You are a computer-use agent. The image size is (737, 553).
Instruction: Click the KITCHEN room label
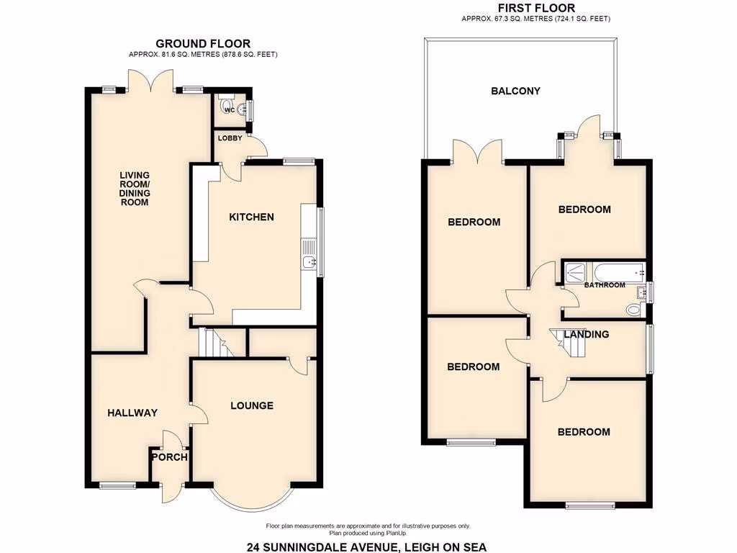click(251, 217)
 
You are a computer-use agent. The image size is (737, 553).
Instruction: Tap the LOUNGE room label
click(252, 405)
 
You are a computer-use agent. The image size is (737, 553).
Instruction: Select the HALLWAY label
click(132, 413)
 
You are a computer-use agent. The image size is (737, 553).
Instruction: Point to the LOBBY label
click(230, 138)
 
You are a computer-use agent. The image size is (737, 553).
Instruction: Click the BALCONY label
click(515, 91)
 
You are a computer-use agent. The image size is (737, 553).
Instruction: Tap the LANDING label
click(587, 334)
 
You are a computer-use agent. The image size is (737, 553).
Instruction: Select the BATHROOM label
click(604, 285)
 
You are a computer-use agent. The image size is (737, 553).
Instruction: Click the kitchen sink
click(310, 262)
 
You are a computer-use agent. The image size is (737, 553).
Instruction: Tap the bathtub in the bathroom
click(618, 272)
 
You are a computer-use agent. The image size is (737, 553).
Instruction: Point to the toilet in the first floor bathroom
click(633, 310)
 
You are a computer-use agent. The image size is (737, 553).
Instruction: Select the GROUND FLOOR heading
click(203, 44)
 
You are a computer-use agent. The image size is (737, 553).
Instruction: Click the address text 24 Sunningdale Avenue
click(366, 547)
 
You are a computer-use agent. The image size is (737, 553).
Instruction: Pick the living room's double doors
click(151, 79)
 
